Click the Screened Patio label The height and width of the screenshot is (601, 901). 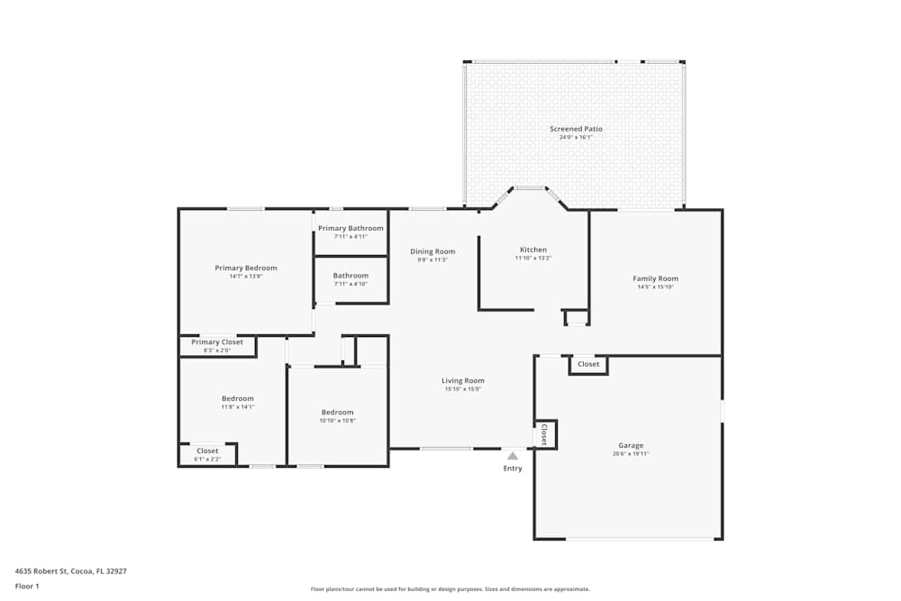coord(576,129)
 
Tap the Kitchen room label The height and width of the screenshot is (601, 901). coord(532,250)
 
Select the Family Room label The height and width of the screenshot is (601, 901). coord(655,278)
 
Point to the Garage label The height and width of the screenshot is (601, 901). coord(631,445)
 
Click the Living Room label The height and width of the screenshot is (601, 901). coord(463,380)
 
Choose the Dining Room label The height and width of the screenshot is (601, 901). coord(432,251)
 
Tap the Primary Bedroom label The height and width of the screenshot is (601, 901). coord(245,268)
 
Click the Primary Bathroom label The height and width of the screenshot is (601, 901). coord(350,228)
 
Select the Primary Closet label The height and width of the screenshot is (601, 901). coord(217,342)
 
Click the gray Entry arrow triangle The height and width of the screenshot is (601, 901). coord(513,456)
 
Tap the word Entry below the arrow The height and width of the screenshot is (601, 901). coord(513,469)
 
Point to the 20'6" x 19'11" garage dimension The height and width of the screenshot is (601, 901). coord(631,454)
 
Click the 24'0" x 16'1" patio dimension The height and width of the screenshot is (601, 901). coord(576,138)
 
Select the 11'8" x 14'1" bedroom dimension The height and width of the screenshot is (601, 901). coord(238,407)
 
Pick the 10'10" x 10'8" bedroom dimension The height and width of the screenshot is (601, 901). coord(337,421)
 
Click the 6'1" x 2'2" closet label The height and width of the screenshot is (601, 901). coord(207,460)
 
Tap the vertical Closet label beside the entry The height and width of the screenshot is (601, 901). coord(544,434)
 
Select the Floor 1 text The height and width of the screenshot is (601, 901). coord(27,586)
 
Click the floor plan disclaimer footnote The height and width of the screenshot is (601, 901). coord(450,589)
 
